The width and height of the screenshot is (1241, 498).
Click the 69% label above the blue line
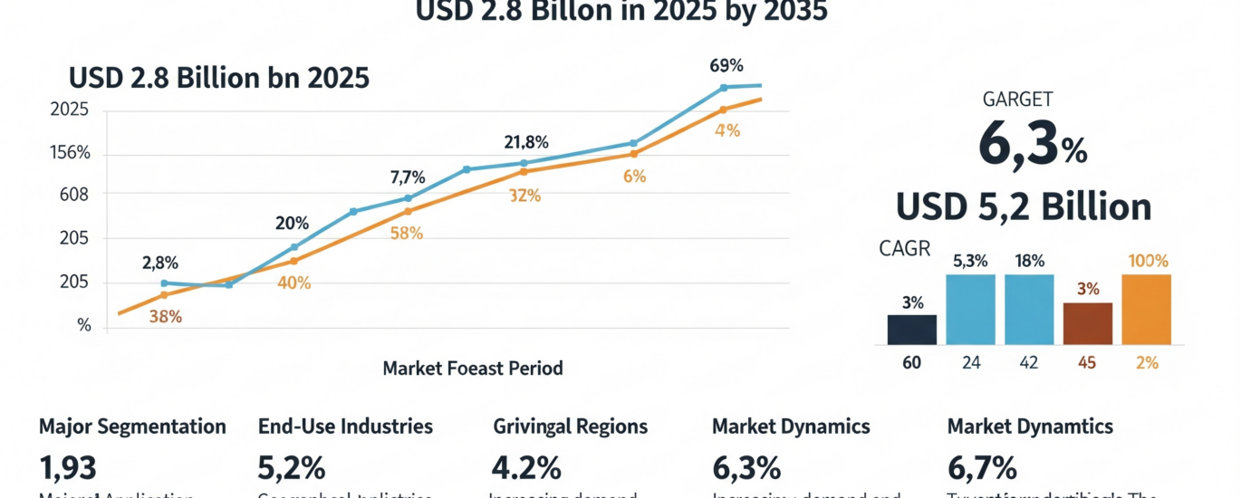click(x=726, y=65)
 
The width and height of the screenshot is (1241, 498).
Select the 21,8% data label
click(x=526, y=142)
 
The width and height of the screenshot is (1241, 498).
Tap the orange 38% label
click(x=164, y=317)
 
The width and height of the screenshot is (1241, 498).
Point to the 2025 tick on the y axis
click(x=69, y=110)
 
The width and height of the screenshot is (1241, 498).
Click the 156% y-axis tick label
click(x=69, y=152)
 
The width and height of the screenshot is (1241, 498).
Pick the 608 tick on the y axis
click(x=72, y=194)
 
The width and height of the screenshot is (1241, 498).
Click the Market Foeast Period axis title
click(x=472, y=369)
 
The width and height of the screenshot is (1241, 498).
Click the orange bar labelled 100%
click(x=1146, y=309)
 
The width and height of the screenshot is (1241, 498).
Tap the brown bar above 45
click(x=1087, y=323)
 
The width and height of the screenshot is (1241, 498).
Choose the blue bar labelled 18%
click(x=1029, y=309)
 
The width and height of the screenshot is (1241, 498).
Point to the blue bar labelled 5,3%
click(x=970, y=309)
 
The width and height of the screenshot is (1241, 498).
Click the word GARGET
click(x=1017, y=101)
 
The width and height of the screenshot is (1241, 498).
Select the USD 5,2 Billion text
click(x=1024, y=208)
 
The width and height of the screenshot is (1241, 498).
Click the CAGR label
click(x=904, y=248)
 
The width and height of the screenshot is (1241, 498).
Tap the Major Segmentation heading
click(x=132, y=426)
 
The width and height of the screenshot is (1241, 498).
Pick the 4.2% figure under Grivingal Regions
click(x=526, y=467)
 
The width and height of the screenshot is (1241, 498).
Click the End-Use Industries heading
click(x=345, y=426)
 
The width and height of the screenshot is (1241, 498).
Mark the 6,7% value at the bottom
click(x=982, y=467)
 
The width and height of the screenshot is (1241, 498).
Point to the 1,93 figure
click(x=68, y=467)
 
